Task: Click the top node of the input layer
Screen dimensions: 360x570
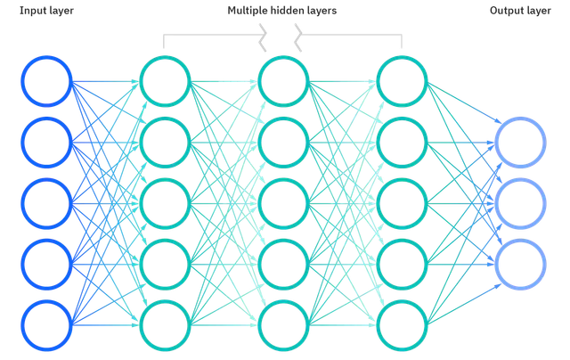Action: (45, 81)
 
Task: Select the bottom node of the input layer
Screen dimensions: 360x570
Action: (45, 325)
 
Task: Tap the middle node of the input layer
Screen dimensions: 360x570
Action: (45, 203)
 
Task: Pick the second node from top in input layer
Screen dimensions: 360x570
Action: (45, 143)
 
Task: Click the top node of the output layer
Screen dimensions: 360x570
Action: (521, 143)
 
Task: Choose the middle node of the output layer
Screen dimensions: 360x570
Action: (521, 203)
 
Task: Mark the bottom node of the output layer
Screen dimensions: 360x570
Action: (521, 264)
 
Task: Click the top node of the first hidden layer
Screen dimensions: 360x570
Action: (165, 81)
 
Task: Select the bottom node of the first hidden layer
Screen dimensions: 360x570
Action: (165, 325)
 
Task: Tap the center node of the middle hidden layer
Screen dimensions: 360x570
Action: (283, 203)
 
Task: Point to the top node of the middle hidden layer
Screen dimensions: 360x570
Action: (283, 81)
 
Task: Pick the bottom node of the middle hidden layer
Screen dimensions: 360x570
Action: (283, 325)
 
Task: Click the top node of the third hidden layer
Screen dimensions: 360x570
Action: (403, 81)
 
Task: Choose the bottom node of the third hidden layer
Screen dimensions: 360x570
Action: (403, 325)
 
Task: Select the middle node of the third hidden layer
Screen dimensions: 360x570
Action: (403, 203)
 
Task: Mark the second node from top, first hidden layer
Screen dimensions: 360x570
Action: (165, 143)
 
